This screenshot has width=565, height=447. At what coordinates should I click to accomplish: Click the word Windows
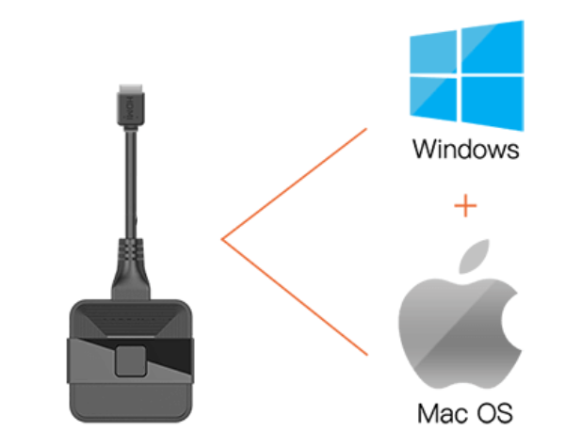coord(464,150)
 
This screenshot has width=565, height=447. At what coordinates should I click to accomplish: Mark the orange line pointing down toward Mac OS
coord(292,295)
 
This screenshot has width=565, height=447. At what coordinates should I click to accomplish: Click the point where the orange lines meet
coord(222,240)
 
